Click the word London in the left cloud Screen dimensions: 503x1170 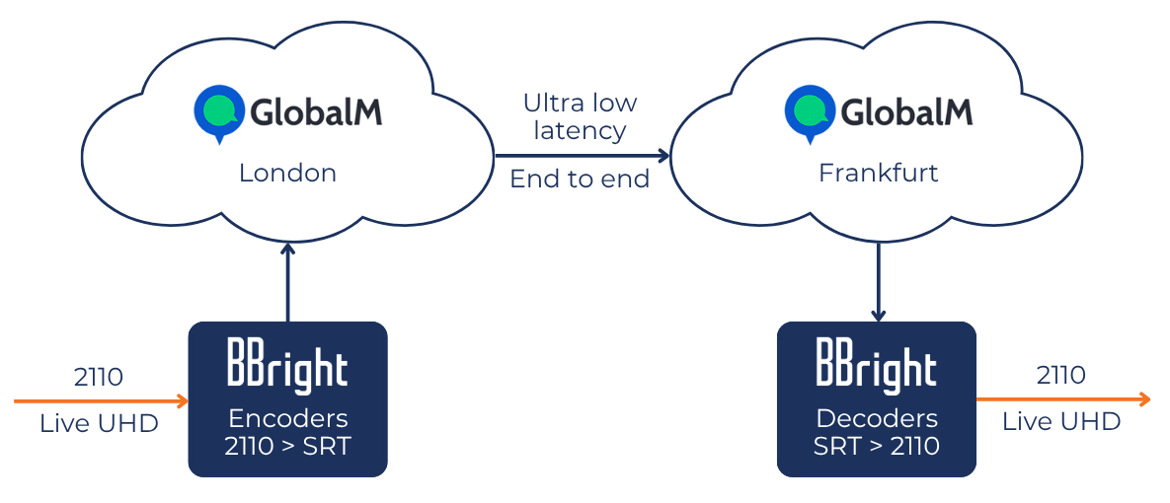coord(287,174)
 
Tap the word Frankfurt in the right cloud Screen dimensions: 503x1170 coord(878,174)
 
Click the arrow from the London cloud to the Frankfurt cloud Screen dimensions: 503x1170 coord(582,156)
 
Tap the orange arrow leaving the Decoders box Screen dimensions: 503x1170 coord(1062,398)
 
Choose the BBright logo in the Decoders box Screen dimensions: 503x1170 coord(877,366)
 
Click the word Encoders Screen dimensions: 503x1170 coord(287,417)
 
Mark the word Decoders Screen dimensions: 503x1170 coord(877,417)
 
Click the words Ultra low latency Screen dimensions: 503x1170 coord(581,116)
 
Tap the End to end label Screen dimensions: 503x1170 coord(581,180)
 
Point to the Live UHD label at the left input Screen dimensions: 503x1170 coord(99,424)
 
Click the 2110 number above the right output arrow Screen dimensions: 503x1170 coord(1060,376)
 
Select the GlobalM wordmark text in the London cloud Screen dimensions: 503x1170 coord(316,111)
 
